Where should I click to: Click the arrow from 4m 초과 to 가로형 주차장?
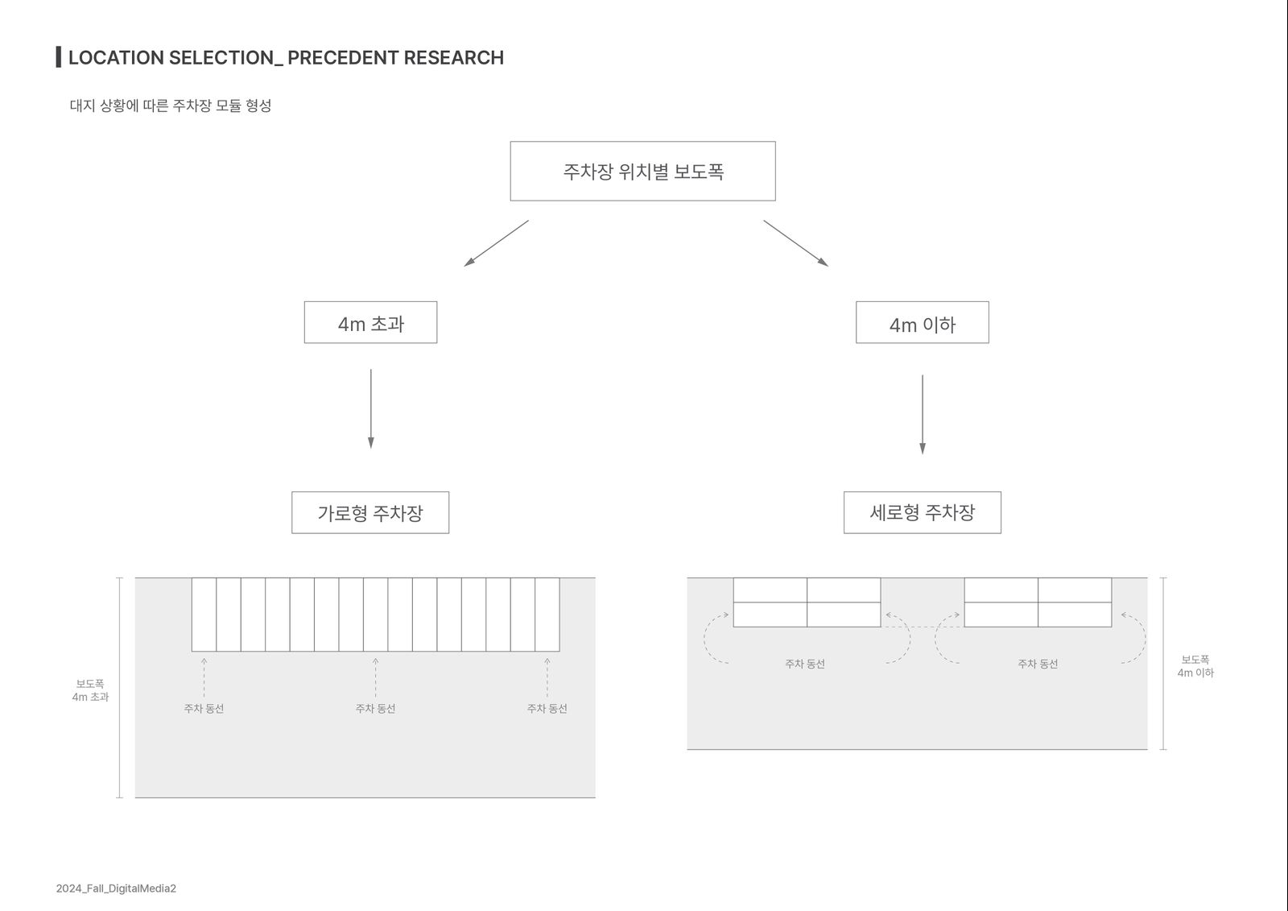pos(371,408)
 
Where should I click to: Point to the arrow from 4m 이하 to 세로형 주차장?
pos(923,414)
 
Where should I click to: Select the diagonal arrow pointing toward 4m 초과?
pos(496,243)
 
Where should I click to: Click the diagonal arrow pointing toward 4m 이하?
pos(796,243)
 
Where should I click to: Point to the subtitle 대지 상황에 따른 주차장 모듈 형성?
pos(170,106)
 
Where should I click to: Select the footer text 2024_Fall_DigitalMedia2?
pos(116,888)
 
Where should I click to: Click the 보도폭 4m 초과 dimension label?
pos(90,690)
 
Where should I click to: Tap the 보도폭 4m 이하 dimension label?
pos(1195,666)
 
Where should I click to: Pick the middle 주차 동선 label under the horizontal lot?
pos(375,709)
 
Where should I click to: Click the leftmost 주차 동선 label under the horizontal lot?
pos(204,709)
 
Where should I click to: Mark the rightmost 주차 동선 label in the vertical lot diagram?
pos(1038,664)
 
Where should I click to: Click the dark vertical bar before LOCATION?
pos(59,57)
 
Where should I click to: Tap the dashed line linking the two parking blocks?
pos(923,627)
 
